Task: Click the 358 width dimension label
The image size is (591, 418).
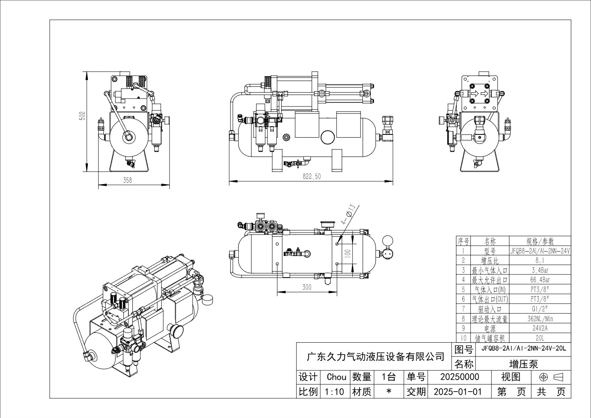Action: pyautogui.click(x=127, y=180)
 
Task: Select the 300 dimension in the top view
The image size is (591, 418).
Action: pyautogui.click(x=307, y=287)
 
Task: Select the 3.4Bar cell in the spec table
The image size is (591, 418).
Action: pyautogui.click(x=540, y=270)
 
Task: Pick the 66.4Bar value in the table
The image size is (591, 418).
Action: pyautogui.click(x=540, y=280)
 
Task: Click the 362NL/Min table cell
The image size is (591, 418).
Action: pyautogui.click(x=540, y=319)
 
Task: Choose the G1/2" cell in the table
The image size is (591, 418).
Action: pyautogui.click(x=540, y=309)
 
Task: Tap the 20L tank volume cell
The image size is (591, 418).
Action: pyautogui.click(x=540, y=338)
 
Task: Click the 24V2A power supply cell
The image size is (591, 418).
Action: pyautogui.click(x=540, y=328)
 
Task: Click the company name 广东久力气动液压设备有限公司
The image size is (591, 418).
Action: pyautogui.click(x=375, y=357)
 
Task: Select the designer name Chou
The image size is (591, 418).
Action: pyautogui.click(x=336, y=377)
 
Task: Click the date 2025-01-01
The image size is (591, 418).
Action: pyautogui.click(x=457, y=392)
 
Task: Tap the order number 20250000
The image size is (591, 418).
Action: pyautogui.click(x=459, y=377)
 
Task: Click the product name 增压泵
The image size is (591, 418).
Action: pyautogui.click(x=523, y=363)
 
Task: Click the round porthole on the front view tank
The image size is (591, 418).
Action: pyautogui.click(x=328, y=137)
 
